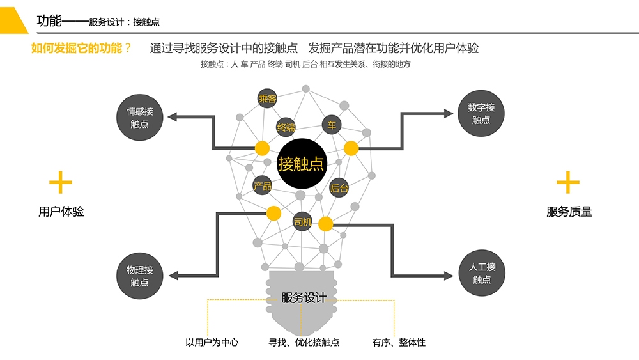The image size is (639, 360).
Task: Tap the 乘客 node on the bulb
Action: [x=267, y=98]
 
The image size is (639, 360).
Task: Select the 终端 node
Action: [x=286, y=128]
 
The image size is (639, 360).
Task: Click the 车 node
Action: [x=331, y=125]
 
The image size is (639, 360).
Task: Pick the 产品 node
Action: [x=263, y=186]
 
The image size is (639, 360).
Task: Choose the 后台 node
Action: [x=339, y=188]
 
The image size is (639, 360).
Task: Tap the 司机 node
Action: [x=302, y=222]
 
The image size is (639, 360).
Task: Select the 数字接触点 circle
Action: [x=481, y=113]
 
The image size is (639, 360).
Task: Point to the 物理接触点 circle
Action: [x=139, y=276]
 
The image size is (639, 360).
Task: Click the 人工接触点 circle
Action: [x=481, y=273]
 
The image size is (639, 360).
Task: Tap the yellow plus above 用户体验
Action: [x=61, y=183]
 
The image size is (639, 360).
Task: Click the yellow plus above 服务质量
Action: [x=568, y=183]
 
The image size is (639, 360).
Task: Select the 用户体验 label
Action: [x=61, y=212]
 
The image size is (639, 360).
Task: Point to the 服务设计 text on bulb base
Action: [x=304, y=298]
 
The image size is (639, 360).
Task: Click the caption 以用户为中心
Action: [x=212, y=342]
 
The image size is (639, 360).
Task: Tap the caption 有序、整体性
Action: [x=399, y=342]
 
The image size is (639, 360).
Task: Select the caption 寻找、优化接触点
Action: [x=304, y=342]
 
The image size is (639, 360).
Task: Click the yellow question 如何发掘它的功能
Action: [x=81, y=48]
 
